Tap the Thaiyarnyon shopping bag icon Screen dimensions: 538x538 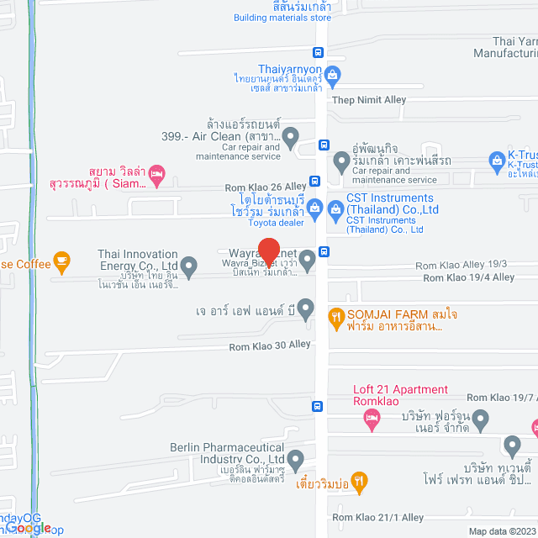point(332,75)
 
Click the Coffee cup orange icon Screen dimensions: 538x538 point(61,261)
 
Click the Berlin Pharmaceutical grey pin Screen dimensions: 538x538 point(295,460)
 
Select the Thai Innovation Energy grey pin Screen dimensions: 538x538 point(189,268)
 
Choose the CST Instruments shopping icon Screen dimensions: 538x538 point(314,207)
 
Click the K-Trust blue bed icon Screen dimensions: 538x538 point(496,158)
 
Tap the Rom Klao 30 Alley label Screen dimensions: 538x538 point(270,345)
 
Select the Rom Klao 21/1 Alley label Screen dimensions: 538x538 point(377,517)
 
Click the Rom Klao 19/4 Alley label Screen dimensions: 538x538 point(468,277)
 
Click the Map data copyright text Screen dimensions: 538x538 point(500,531)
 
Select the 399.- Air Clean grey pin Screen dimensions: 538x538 point(290,135)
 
